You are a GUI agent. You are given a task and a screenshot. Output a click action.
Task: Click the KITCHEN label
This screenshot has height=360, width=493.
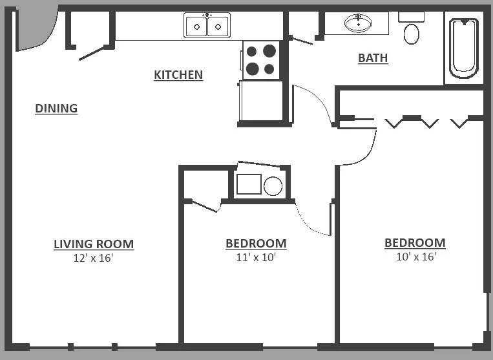pyautogui.click(x=178, y=75)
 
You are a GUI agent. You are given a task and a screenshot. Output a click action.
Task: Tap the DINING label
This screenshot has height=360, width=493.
pyautogui.click(x=56, y=108)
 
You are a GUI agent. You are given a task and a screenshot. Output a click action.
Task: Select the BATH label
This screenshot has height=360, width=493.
pyautogui.click(x=373, y=58)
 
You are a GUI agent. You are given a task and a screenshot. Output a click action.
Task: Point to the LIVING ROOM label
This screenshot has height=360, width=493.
pyautogui.click(x=94, y=244)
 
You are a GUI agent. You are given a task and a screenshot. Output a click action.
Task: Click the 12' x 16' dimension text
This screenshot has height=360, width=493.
pyautogui.click(x=93, y=258)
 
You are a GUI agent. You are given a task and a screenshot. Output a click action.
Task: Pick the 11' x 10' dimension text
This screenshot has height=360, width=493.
pyautogui.click(x=256, y=257)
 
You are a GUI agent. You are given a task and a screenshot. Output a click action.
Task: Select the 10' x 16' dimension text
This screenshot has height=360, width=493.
pyautogui.click(x=416, y=257)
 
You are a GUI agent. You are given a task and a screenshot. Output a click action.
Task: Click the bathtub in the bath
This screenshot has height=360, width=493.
pyautogui.click(x=464, y=48)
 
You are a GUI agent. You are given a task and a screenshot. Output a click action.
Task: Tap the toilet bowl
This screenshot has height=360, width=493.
pyautogui.click(x=411, y=34)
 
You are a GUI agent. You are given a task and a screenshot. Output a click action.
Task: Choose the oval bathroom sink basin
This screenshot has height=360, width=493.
pyautogui.click(x=358, y=23)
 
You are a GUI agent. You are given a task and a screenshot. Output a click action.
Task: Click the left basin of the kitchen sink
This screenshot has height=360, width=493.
pyautogui.click(x=196, y=26)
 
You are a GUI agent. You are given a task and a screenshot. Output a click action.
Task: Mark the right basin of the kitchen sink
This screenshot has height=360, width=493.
pyautogui.click(x=218, y=26)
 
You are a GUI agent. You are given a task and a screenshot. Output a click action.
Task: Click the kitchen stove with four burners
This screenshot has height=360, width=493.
pyautogui.click(x=261, y=59)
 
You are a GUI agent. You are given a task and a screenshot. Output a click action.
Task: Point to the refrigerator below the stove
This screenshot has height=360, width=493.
pyautogui.click(x=261, y=101)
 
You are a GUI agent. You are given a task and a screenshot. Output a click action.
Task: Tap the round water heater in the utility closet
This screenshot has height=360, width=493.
pyautogui.click(x=273, y=186)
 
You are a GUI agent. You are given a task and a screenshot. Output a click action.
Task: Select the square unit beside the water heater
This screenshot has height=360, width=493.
pyautogui.click(x=249, y=184)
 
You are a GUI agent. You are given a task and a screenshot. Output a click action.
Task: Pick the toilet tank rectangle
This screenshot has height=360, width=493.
pyautogui.click(x=411, y=17)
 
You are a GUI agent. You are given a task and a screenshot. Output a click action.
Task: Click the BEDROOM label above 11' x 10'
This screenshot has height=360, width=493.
pyautogui.click(x=256, y=244)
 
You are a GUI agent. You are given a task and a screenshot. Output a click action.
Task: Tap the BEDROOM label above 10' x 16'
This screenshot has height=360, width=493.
pyautogui.click(x=415, y=243)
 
